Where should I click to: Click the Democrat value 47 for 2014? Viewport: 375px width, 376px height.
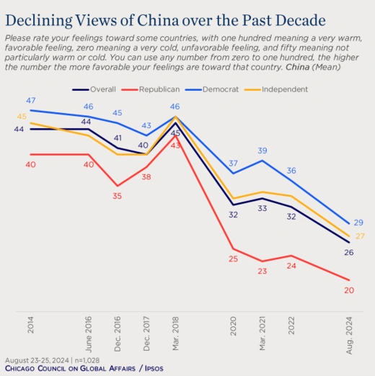point(31,100)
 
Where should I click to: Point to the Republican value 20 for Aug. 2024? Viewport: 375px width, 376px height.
point(349,291)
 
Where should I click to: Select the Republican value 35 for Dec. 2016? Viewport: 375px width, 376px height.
point(118,195)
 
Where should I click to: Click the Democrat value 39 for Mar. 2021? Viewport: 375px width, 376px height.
point(262,151)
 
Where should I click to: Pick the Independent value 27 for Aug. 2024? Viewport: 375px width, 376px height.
point(360,236)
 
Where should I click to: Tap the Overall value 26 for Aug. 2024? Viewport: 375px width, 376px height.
point(349,252)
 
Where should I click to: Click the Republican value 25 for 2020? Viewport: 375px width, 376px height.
point(233,259)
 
